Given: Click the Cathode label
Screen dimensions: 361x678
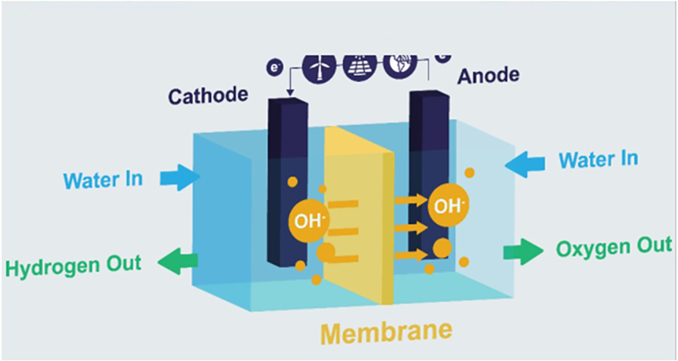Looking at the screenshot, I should click(208, 96).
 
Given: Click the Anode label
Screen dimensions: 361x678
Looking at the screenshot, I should click(488, 75).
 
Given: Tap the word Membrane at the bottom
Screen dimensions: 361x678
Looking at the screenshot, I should click(386, 332).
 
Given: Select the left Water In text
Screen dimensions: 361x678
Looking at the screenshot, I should click(103, 179).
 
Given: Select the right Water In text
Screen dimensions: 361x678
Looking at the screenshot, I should click(598, 160).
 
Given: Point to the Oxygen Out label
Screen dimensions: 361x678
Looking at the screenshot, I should click(615, 248).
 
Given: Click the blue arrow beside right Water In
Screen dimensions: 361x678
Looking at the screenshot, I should click(526, 165).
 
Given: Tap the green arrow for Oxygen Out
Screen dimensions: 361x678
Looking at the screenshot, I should click(523, 252).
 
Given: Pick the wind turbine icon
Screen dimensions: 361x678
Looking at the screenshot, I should click(315, 67).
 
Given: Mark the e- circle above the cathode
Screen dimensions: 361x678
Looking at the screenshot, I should click(276, 68).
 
